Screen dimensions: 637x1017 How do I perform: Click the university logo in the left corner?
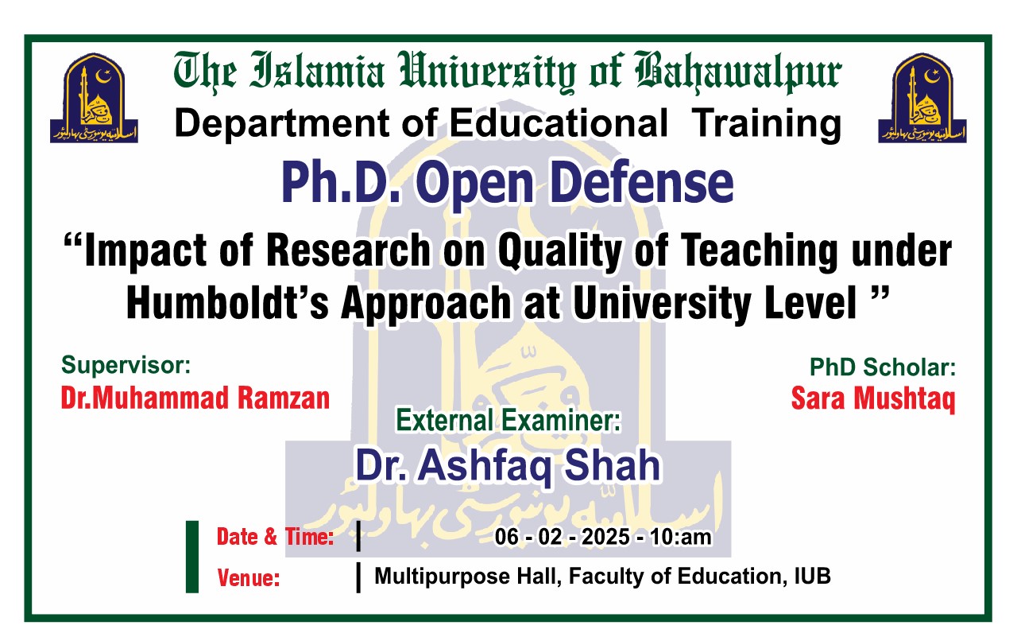95,98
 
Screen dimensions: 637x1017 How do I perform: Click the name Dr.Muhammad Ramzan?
195,398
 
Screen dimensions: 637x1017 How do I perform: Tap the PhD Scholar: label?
882,367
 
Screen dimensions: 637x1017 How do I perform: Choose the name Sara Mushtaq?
872,398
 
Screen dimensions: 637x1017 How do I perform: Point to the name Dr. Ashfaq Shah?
508,465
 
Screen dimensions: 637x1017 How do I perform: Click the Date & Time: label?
275,538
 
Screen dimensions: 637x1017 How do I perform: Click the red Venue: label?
249,578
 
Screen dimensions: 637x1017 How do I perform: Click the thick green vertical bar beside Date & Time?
191,557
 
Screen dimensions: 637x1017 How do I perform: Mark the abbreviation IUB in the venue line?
812,576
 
